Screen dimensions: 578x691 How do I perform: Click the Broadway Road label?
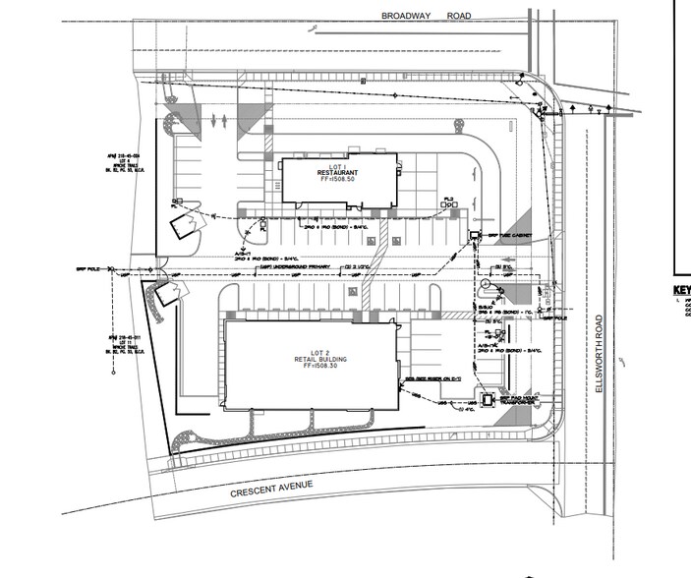click(x=426, y=16)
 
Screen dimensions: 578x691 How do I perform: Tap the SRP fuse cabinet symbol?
click(x=474, y=234)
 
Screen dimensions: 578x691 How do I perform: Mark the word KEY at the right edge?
click(x=680, y=290)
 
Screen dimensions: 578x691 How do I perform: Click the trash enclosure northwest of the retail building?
click(x=160, y=293)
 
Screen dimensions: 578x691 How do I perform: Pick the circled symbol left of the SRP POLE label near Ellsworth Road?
click(x=485, y=284)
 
